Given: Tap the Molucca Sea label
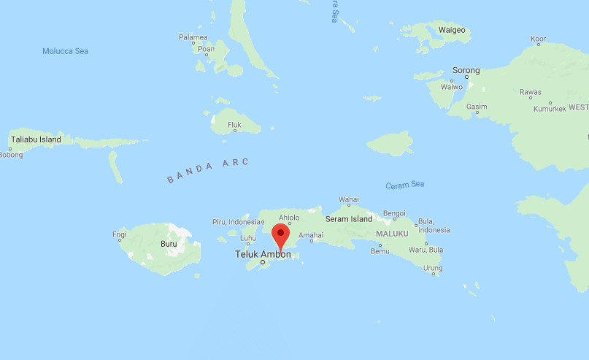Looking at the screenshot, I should pos(65,51).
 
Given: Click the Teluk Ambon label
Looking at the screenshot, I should pos(262,254).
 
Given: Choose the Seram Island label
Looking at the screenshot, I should pos(350,219).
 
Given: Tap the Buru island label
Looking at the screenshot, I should pos(168,245).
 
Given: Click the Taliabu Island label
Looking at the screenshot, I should pos(35,139).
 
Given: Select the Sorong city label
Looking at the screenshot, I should pos(466,71).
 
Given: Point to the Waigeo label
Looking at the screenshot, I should pos(452,30).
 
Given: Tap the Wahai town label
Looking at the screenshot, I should pos(348,199).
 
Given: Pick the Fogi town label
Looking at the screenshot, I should pos(119,234).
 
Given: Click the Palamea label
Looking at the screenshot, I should pos(193,37).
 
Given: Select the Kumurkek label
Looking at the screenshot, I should pos(550,109).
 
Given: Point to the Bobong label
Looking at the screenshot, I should pos(11,154).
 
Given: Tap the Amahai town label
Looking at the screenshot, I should pos(311,235).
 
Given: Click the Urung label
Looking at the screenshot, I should pos(433,268).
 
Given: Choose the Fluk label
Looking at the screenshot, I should pos(234,125).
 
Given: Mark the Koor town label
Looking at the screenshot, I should pos(538,39).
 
